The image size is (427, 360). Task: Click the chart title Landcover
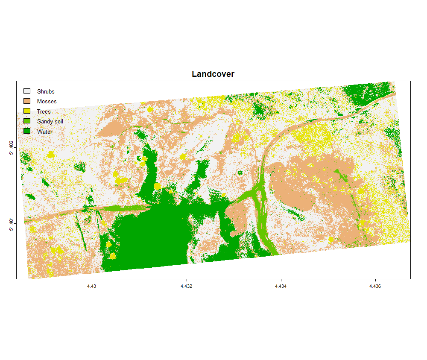point(213,74)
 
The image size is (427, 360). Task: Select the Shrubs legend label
point(46,91)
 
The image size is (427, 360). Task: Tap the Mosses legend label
point(47,102)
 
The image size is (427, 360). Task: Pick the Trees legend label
point(44,111)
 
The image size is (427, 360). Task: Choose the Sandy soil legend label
point(50,122)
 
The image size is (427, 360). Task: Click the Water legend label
point(44,132)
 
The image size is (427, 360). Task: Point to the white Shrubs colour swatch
point(27,91)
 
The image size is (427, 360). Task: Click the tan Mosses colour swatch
point(27,101)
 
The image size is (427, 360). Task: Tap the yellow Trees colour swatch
point(27,111)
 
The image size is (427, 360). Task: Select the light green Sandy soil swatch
point(27,121)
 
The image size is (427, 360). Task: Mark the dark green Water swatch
point(27,131)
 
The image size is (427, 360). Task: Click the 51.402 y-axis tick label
point(12,147)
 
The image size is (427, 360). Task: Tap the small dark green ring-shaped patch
point(240,173)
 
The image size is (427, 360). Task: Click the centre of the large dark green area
point(158,235)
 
